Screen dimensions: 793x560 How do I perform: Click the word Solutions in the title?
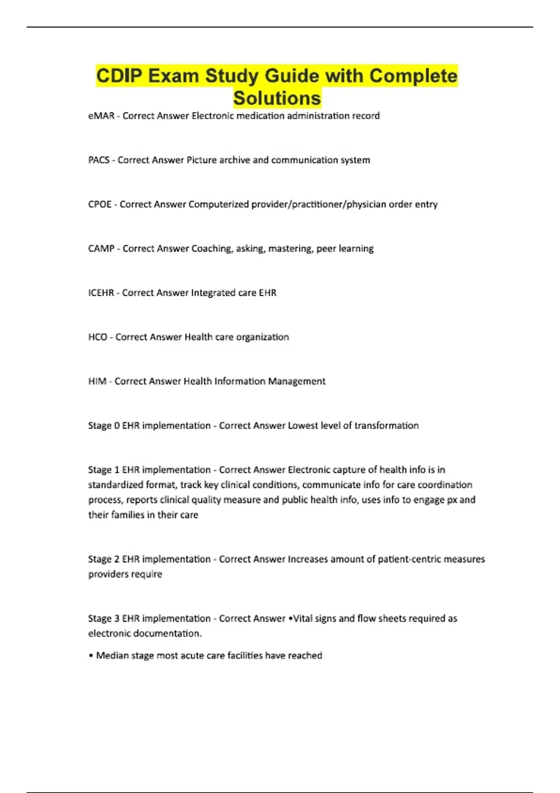(x=277, y=98)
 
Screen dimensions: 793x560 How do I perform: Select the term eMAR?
(x=101, y=116)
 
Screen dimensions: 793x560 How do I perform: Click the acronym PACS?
(x=99, y=160)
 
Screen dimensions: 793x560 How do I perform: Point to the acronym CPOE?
(x=100, y=204)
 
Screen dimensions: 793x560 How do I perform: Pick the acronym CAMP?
(x=101, y=249)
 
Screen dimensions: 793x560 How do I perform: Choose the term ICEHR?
(x=101, y=293)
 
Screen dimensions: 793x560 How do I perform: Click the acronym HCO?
(x=98, y=337)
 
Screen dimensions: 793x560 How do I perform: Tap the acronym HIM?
(x=97, y=382)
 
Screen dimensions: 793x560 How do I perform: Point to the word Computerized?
(x=218, y=204)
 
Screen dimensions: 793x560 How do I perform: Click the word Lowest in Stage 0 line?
(x=304, y=425)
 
